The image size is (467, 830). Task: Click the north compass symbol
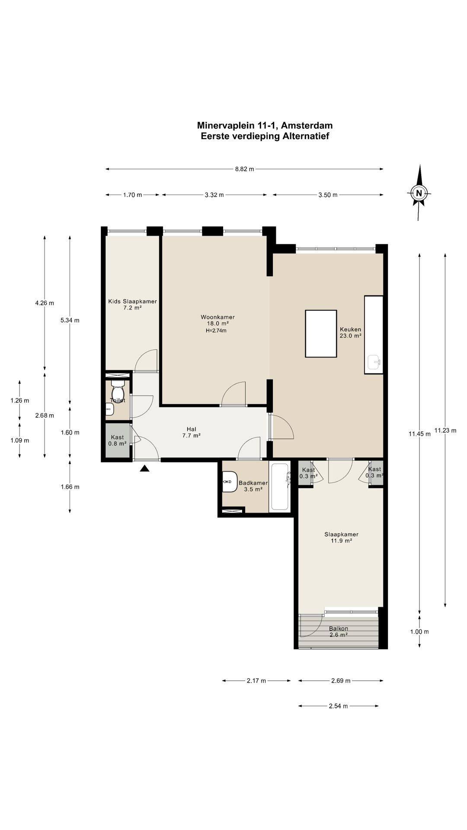(x=419, y=193)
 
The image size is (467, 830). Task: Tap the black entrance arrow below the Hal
(x=144, y=468)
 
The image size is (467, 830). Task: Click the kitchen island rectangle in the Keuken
(x=321, y=333)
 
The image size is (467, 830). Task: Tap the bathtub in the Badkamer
(x=280, y=487)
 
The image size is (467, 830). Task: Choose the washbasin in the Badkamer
(x=230, y=482)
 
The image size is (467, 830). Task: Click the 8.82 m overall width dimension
(x=245, y=169)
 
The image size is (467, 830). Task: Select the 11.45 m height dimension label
(x=419, y=434)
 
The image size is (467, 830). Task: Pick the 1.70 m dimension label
(x=132, y=195)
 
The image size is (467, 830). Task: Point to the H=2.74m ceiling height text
(x=216, y=331)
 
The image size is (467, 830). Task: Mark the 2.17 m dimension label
(x=256, y=681)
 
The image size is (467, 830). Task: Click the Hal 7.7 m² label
(x=191, y=432)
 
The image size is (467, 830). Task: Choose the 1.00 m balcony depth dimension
(x=419, y=632)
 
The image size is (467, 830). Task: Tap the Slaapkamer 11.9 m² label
(x=341, y=537)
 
